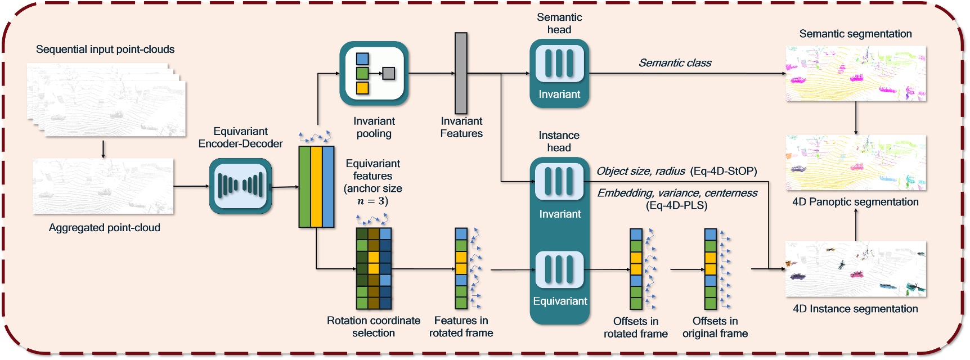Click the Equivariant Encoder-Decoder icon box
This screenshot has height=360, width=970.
coord(240,186)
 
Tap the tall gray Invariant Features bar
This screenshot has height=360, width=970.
coord(461,73)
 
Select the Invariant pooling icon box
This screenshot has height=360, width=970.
coord(374,73)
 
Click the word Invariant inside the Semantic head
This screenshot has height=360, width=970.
coord(559,94)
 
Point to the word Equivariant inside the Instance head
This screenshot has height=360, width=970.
coord(560,301)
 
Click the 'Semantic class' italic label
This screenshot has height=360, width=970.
coord(675,63)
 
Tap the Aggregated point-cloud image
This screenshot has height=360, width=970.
coord(103,186)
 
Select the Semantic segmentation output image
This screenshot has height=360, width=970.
coord(855,74)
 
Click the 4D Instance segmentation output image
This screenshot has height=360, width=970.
coord(855,269)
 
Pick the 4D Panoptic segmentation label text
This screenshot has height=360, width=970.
coord(855,202)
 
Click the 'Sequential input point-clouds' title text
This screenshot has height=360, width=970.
coord(105,49)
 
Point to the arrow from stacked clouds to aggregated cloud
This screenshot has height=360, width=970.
coord(103,149)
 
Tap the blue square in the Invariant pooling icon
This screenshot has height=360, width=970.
coord(362,58)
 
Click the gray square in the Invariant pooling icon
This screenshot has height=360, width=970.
coord(388,73)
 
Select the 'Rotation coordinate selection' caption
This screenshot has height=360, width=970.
coord(374,327)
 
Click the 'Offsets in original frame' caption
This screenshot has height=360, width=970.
coord(715,327)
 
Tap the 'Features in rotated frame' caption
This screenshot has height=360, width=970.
coord(461,327)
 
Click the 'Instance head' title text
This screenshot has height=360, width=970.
coord(559,142)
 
